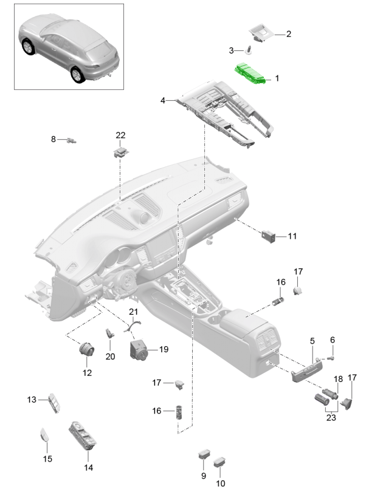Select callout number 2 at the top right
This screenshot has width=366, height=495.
click(288, 34)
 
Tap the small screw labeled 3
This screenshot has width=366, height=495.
click(249, 50)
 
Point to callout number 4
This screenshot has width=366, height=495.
click(163, 100)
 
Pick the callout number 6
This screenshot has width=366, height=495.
click(332, 340)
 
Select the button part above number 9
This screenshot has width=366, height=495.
click(204, 454)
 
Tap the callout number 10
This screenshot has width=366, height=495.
click(220, 483)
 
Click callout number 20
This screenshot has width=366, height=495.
click(109, 357)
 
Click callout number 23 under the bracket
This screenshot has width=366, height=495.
click(331, 417)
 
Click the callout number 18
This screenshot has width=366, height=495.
click(338, 378)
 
